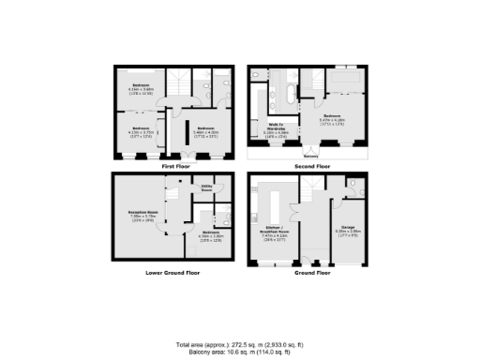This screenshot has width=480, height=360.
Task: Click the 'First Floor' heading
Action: pyautogui.click(x=176, y=166)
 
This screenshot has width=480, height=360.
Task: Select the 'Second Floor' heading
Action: pyautogui.click(x=310, y=166)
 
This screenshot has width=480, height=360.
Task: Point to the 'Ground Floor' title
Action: pyautogui.click(x=310, y=272)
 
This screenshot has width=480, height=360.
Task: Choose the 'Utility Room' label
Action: pyautogui.click(x=207, y=188)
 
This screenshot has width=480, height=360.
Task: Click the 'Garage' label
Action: pyautogui.click(x=348, y=226)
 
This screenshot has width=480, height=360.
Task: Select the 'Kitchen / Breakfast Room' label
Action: pyautogui.click(x=272, y=229)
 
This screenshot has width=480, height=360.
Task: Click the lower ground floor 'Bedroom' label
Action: pyautogui.click(x=210, y=232)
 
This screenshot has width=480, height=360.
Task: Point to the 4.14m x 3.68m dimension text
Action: pyautogui.click(x=141, y=91)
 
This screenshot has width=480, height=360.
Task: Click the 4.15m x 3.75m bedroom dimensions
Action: pyautogui.click(x=140, y=132)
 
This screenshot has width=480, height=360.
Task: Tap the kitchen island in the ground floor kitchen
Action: pyautogui.click(x=277, y=202)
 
